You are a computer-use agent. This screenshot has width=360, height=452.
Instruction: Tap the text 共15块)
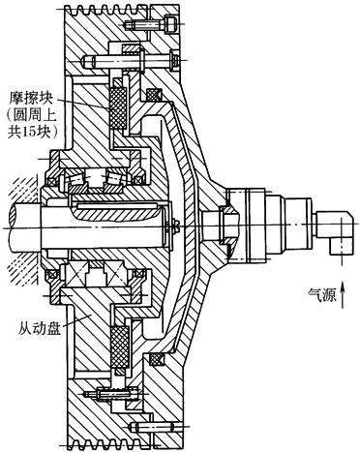(33, 132)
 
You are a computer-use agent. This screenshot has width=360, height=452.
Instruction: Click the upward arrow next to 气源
(343, 294)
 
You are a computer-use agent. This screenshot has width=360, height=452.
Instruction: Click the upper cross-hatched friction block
(118, 108)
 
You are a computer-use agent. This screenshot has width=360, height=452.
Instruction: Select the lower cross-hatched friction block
(120, 347)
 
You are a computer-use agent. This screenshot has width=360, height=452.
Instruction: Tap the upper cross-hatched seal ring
(154, 95)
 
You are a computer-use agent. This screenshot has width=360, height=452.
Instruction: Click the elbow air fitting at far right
(336, 231)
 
